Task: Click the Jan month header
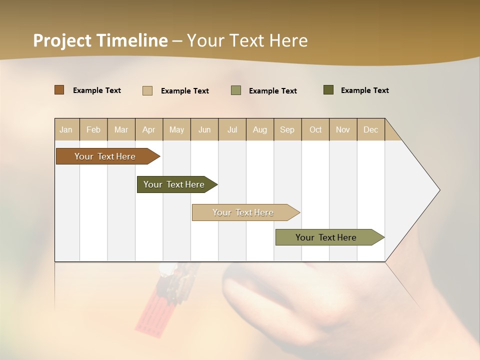(x=66, y=129)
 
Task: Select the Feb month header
(x=93, y=129)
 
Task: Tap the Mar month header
(x=121, y=129)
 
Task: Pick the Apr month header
(x=149, y=129)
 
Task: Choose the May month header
(x=176, y=129)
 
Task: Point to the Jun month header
(x=204, y=129)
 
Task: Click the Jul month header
(x=232, y=129)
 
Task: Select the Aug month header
(x=260, y=129)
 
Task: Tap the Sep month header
(x=287, y=129)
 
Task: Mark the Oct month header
(x=315, y=129)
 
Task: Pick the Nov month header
(x=343, y=129)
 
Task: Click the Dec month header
(x=371, y=129)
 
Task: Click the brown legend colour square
(x=59, y=90)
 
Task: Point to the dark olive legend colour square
(x=328, y=90)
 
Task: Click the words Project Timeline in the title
(x=100, y=40)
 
